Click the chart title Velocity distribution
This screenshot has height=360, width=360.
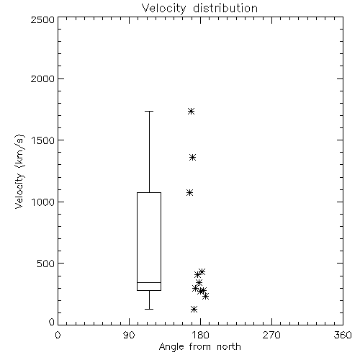(x=199, y=9)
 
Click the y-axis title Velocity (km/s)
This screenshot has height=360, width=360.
(x=19, y=171)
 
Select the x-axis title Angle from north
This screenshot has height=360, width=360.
(x=199, y=347)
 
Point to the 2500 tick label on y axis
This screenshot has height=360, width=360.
(x=42, y=19)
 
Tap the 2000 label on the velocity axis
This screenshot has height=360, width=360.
(x=42, y=79)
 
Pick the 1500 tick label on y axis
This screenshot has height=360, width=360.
(x=43, y=140)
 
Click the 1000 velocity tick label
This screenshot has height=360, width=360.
(x=43, y=202)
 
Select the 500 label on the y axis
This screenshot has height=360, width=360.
(x=46, y=264)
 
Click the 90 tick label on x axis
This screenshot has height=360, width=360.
(x=129, y=335)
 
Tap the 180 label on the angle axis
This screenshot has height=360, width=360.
(x=200, y=335)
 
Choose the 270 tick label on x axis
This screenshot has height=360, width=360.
(x=271, y=335)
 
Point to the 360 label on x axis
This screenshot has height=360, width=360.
(x=343, y=335)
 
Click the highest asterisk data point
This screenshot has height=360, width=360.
(x=191, y=111)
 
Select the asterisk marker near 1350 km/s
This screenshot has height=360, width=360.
(x=192, y=158)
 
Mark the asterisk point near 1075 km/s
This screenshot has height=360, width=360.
(x=190, y=192)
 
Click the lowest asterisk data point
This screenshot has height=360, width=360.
(x=194, y=309)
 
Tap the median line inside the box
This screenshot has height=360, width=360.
(x=149, y=282)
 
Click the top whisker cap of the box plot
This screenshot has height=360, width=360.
(x=149, y=111)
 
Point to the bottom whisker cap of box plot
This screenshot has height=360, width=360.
(x=149, y=309)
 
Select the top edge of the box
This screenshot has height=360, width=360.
(x=149, y=192)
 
